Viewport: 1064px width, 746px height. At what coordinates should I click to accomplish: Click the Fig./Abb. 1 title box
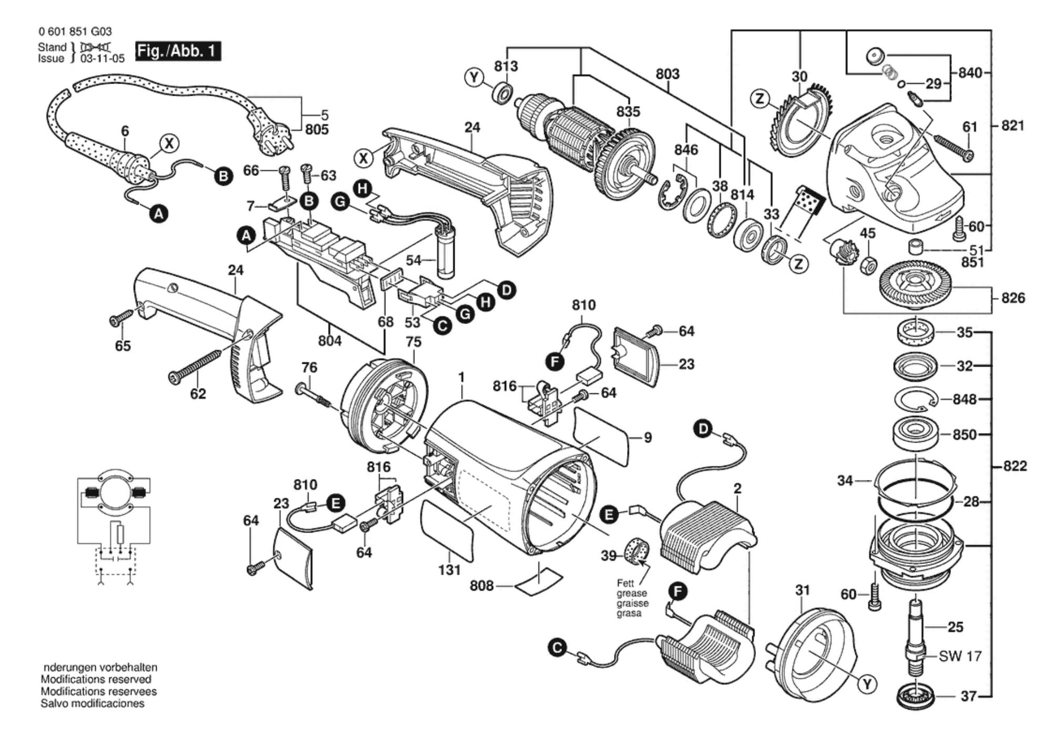pyautogui.click(x=178, y=51)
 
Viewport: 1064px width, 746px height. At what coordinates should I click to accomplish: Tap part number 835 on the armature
pyautogui.click(x=628, y=111)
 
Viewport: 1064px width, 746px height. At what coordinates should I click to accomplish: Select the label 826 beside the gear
pyautogui.click(x=1013, y=298)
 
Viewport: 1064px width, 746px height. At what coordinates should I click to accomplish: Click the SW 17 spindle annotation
pyautogui.click(x=960, y=656)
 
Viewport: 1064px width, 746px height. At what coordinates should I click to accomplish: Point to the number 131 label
pyautogui.click(x=449, y=570)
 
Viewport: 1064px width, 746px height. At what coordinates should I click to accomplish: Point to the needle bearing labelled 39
pyautogui.click(x=637, y=551)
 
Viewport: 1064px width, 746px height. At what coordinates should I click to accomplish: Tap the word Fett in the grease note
pyautogui.click(x=626, y=583)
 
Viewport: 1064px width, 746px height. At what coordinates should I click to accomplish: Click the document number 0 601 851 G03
pyautogui.click(x=75, y=32)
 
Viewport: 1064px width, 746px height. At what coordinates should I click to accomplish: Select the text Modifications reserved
pyautogui.click(x=96, y=679)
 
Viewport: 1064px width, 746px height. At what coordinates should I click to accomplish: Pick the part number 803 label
pyautogui.click(x=667, y=74)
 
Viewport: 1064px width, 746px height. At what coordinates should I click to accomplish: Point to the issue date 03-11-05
pyautogui.click(x=103, y=58)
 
